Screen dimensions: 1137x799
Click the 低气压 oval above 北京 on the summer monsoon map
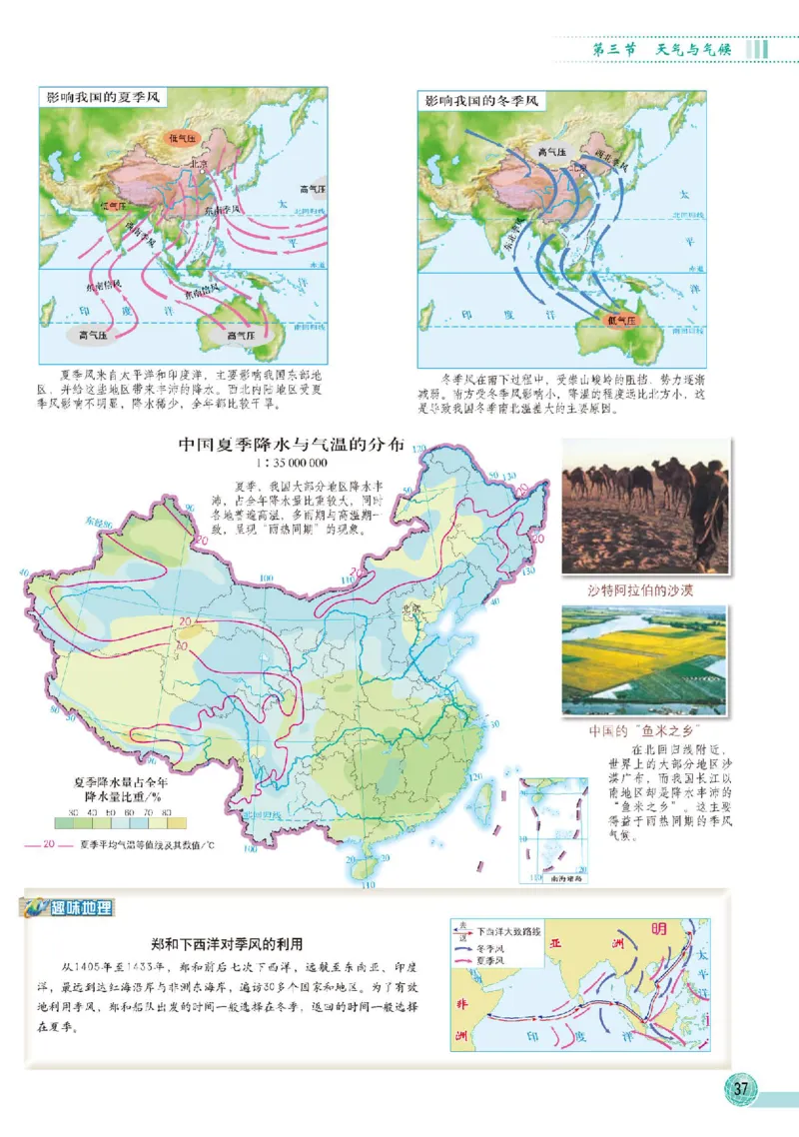coord(185,137)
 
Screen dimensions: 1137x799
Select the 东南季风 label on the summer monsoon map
coord(224,210)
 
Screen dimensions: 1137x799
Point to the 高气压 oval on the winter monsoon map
coord(551,152)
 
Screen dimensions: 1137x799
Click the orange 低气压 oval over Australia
coord(620,319)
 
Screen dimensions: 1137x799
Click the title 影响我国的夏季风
coord(104,100)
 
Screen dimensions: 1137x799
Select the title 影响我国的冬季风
coord(481,100)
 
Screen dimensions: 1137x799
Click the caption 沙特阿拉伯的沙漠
coord(642,589)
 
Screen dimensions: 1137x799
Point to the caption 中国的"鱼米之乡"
coord(639,728)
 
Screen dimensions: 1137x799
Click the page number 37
coord(740,1088)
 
